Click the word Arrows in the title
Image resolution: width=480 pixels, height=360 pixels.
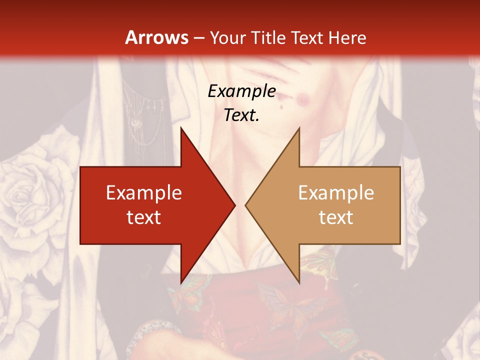pos(157,37)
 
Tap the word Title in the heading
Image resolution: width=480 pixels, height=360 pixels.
pos(268,38)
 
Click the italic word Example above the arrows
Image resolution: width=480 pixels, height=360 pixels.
pos(242,91)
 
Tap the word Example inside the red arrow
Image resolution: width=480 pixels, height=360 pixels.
pos(144,192)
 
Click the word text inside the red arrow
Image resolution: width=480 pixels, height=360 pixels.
pos(144,217)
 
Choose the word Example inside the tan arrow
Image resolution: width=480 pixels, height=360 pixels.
pos(336,192)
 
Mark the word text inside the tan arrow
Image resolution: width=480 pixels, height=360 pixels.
pos(336,217)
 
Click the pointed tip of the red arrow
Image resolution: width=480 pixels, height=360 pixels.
pos(234,205)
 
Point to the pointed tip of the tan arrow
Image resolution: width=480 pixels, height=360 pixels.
pos(246,205)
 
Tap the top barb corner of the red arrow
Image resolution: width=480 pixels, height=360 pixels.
pos(181,128)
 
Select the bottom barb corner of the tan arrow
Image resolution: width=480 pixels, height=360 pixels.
pos(299,282)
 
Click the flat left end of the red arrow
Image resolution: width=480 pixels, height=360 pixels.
pos(81,205)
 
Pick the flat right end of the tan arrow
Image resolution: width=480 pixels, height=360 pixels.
pos(399,205)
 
